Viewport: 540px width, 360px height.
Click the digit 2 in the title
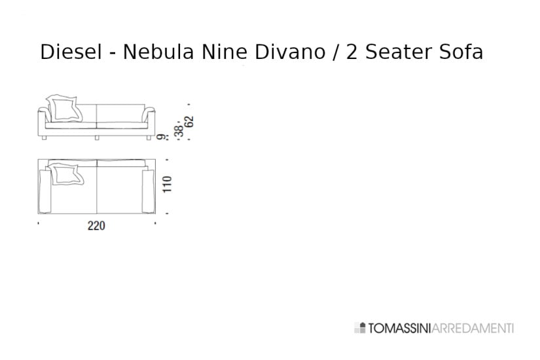click(351, 52)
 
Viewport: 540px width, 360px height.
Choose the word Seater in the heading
click(397, 52)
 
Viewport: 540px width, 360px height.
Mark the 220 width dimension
click(96, 226)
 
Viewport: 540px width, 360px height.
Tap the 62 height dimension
click(190, 122)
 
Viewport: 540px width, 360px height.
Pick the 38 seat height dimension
click(179, 130)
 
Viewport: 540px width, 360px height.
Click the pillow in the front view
click(65, 108)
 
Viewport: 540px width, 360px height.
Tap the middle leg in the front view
click(97, 138)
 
